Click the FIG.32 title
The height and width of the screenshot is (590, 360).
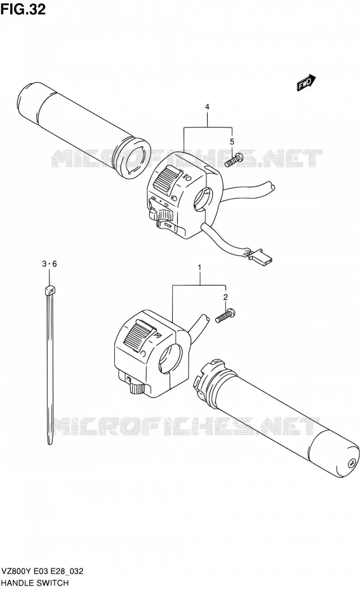(x=23, y=8)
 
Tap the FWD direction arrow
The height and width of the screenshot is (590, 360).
(x=306, y=82)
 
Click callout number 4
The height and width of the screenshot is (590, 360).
(x=207, y=107)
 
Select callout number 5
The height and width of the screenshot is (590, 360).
(x=232, y=141)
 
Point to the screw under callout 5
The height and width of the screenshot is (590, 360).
(x=234, y=160)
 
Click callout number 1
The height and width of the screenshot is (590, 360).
(x=199, y=268)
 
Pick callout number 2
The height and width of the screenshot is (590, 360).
(x=225, y=298)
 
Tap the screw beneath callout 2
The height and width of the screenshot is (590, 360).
(x=225, y=315)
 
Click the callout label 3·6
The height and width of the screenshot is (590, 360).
(x=50, y=264)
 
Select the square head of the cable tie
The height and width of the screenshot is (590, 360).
(x=50, y=290)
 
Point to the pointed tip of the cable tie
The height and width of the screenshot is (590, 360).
(x=50, y=443)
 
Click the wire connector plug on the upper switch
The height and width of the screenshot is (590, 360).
(x=262, y=257)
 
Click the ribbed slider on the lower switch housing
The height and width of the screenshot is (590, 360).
(x=139, y=335)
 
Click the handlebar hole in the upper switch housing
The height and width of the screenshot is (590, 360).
(x=203, y=199)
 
